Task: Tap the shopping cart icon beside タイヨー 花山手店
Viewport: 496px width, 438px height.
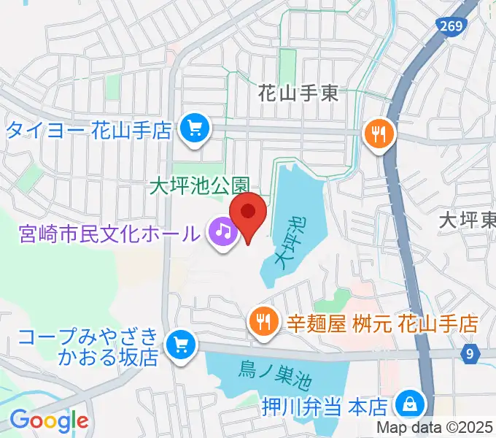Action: (x=195, y=131)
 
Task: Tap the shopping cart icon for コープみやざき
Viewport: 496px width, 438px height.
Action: (x=179, y=345)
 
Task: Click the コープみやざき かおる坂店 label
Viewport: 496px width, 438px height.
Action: (x=89, y=347)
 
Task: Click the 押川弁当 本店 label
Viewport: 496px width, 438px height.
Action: (x=325, y=404)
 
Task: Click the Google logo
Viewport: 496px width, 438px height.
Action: (x=48, y=420)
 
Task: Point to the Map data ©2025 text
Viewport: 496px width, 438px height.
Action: (x=435, y=429)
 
